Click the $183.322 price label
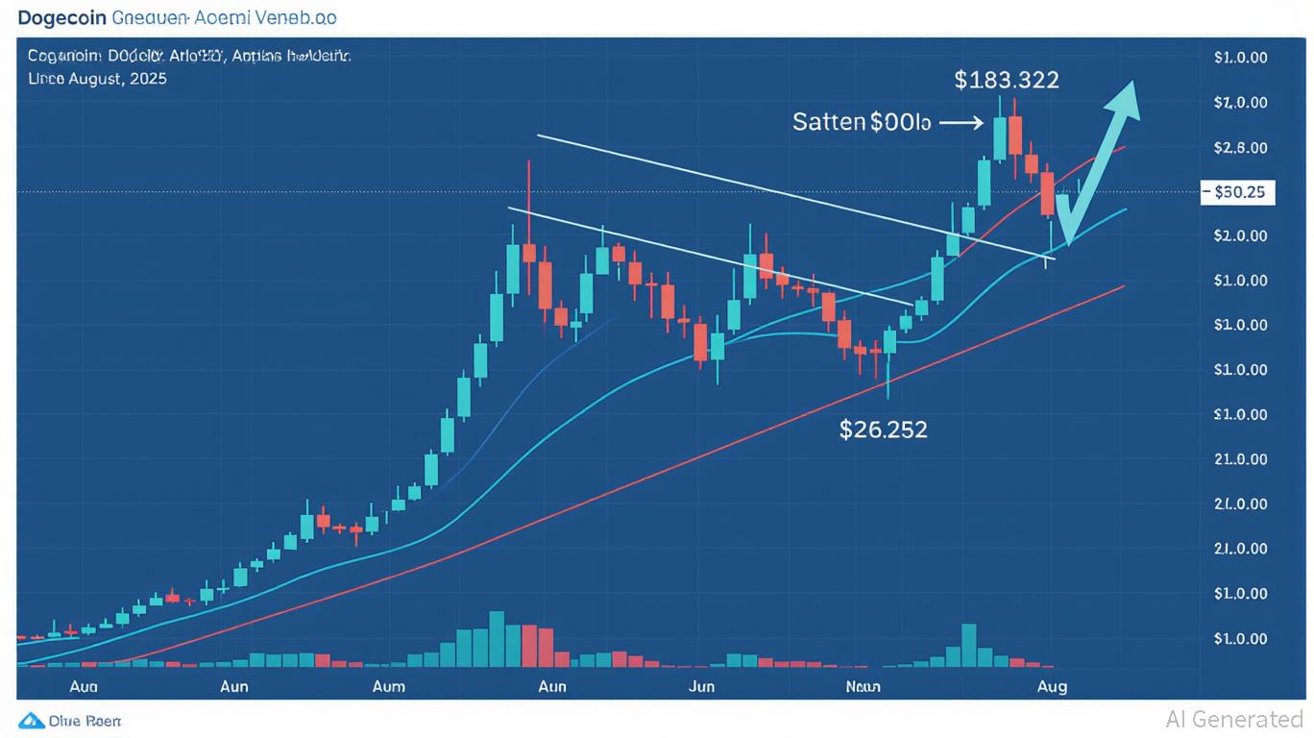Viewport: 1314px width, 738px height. pos(1007,80)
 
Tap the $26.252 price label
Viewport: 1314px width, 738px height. pos(883,430)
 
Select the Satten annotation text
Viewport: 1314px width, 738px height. pos(862,123)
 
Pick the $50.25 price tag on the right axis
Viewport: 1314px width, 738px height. pos(1238,192)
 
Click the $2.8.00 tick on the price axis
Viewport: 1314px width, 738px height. pos(1240,147)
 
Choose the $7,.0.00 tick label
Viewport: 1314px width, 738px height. pos(1240,102)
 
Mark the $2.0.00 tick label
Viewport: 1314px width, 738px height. pos(1240,235)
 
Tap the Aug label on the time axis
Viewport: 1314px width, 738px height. pos(1052,687)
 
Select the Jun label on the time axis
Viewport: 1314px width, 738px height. pos(702,687)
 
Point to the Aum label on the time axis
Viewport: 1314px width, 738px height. pos(388,687)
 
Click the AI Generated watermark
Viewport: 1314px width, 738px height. pos(1233,719)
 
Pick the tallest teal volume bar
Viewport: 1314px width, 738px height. pos(497,638)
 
